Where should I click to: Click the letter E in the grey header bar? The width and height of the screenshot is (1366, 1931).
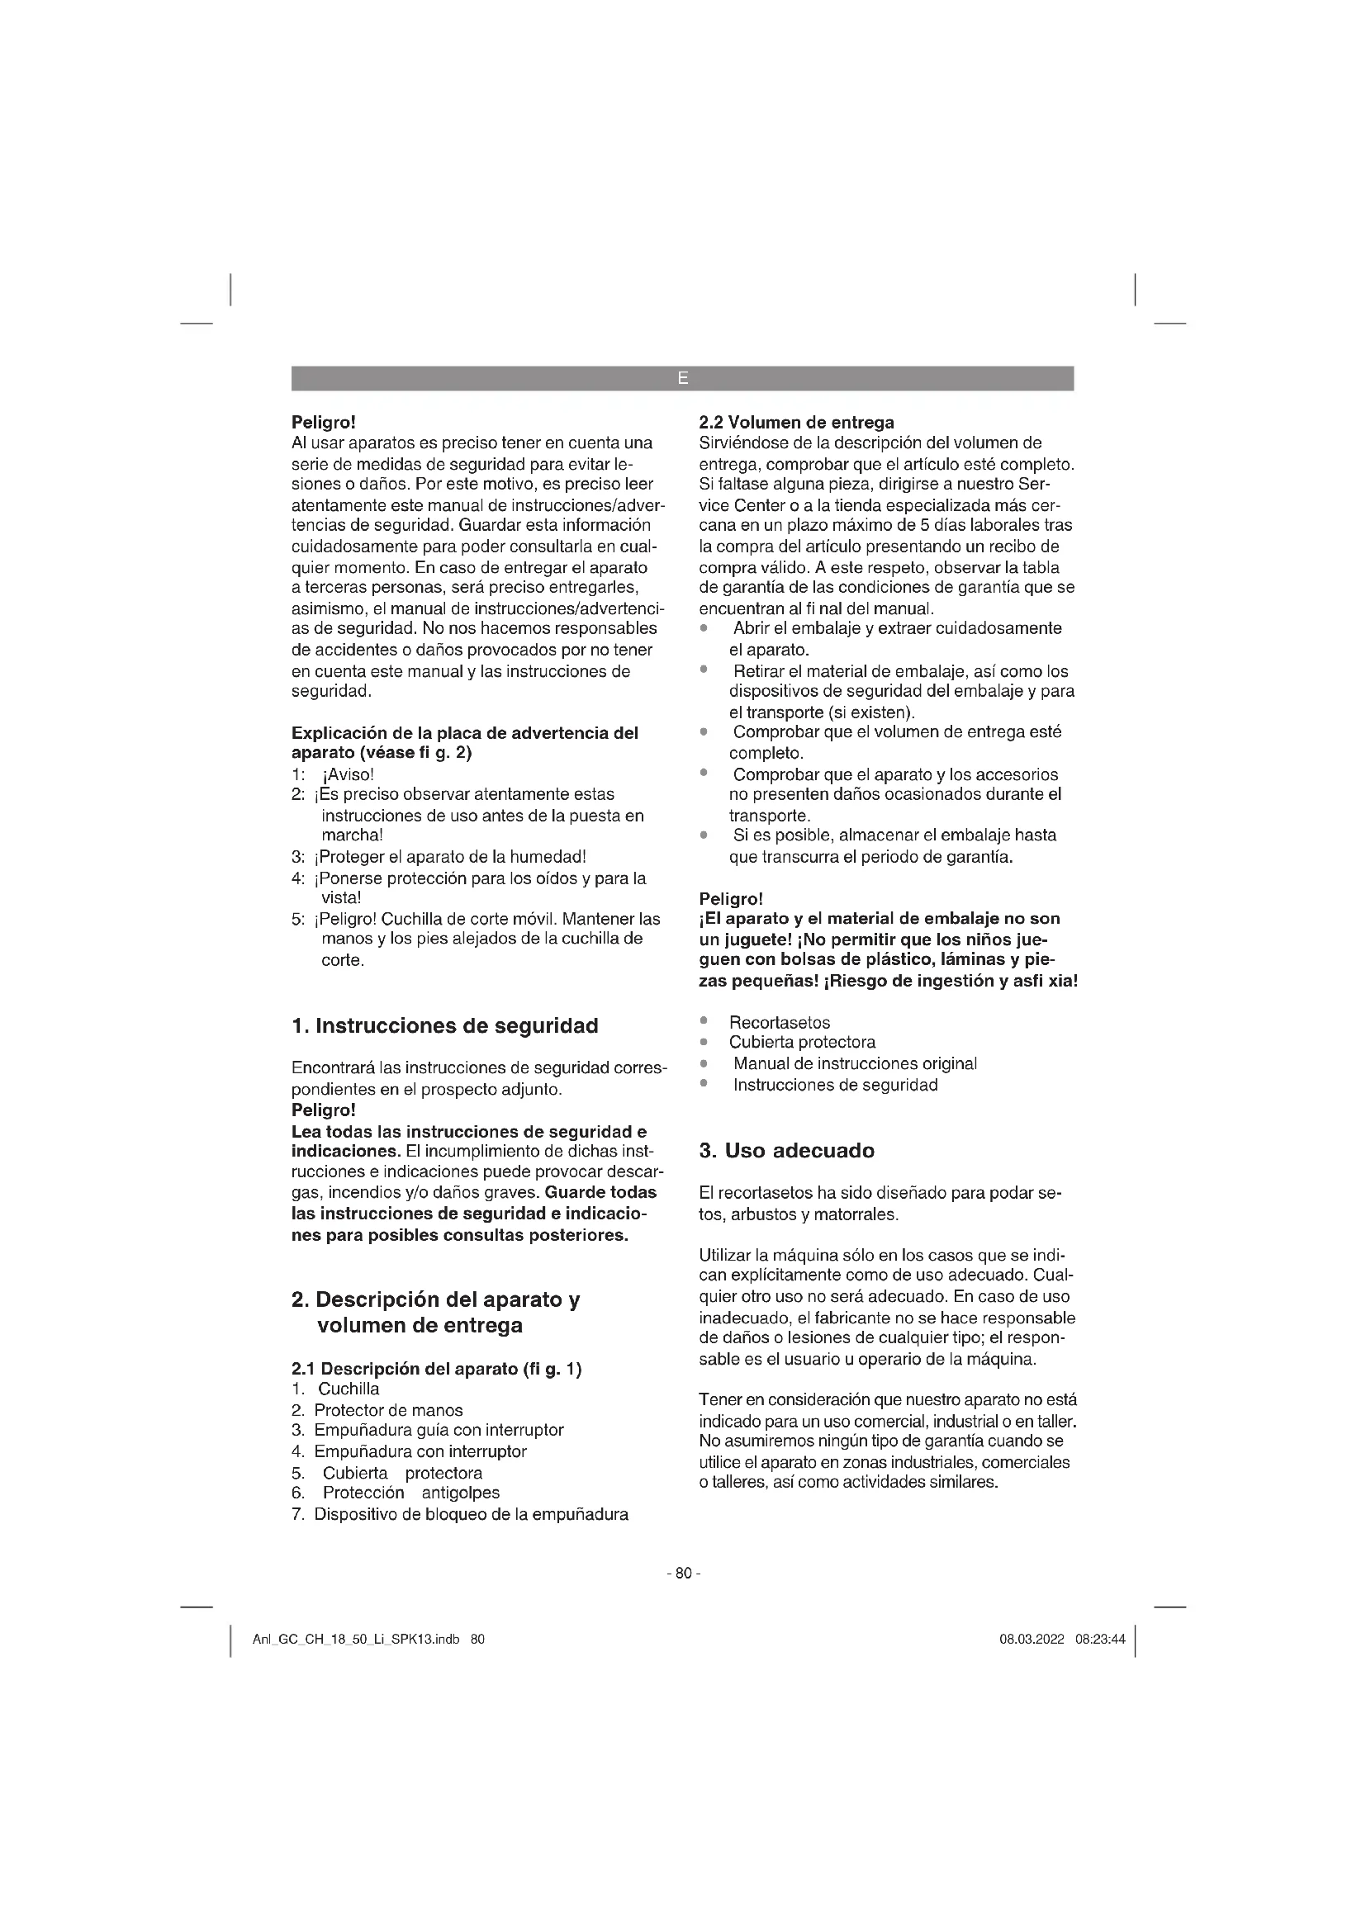coord(682,378)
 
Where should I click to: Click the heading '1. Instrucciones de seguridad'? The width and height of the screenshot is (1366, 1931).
coord(444,1026)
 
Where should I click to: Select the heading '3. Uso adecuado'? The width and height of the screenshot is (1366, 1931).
coord(786,1151)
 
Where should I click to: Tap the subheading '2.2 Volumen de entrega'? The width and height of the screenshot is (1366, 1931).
coord(796,422)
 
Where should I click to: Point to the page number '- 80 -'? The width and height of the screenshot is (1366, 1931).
coord(682,1574)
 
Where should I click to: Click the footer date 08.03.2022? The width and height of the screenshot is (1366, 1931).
coord(1032,1640)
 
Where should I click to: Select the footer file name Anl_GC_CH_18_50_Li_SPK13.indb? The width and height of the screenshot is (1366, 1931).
coord(356,1640)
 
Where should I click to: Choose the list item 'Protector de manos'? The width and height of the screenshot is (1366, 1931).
coord(388,1410)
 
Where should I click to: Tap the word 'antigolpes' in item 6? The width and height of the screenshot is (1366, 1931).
coord(460,1493)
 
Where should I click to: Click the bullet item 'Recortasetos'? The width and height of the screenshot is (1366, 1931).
coord(779,1023)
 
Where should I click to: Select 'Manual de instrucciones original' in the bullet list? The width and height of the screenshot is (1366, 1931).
coord(855,1064)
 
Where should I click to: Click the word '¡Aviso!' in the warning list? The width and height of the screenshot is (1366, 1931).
coord(349,774)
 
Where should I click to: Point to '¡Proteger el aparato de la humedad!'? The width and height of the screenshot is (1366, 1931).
coord(449,857)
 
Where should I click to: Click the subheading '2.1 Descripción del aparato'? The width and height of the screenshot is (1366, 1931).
coord(405,1369)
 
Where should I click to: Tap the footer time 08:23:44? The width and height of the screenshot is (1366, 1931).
coord(1099,1640)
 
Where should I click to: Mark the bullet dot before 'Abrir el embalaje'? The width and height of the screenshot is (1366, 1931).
coord(704,629)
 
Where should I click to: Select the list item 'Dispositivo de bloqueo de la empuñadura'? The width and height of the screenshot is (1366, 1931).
coord(471,1515)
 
